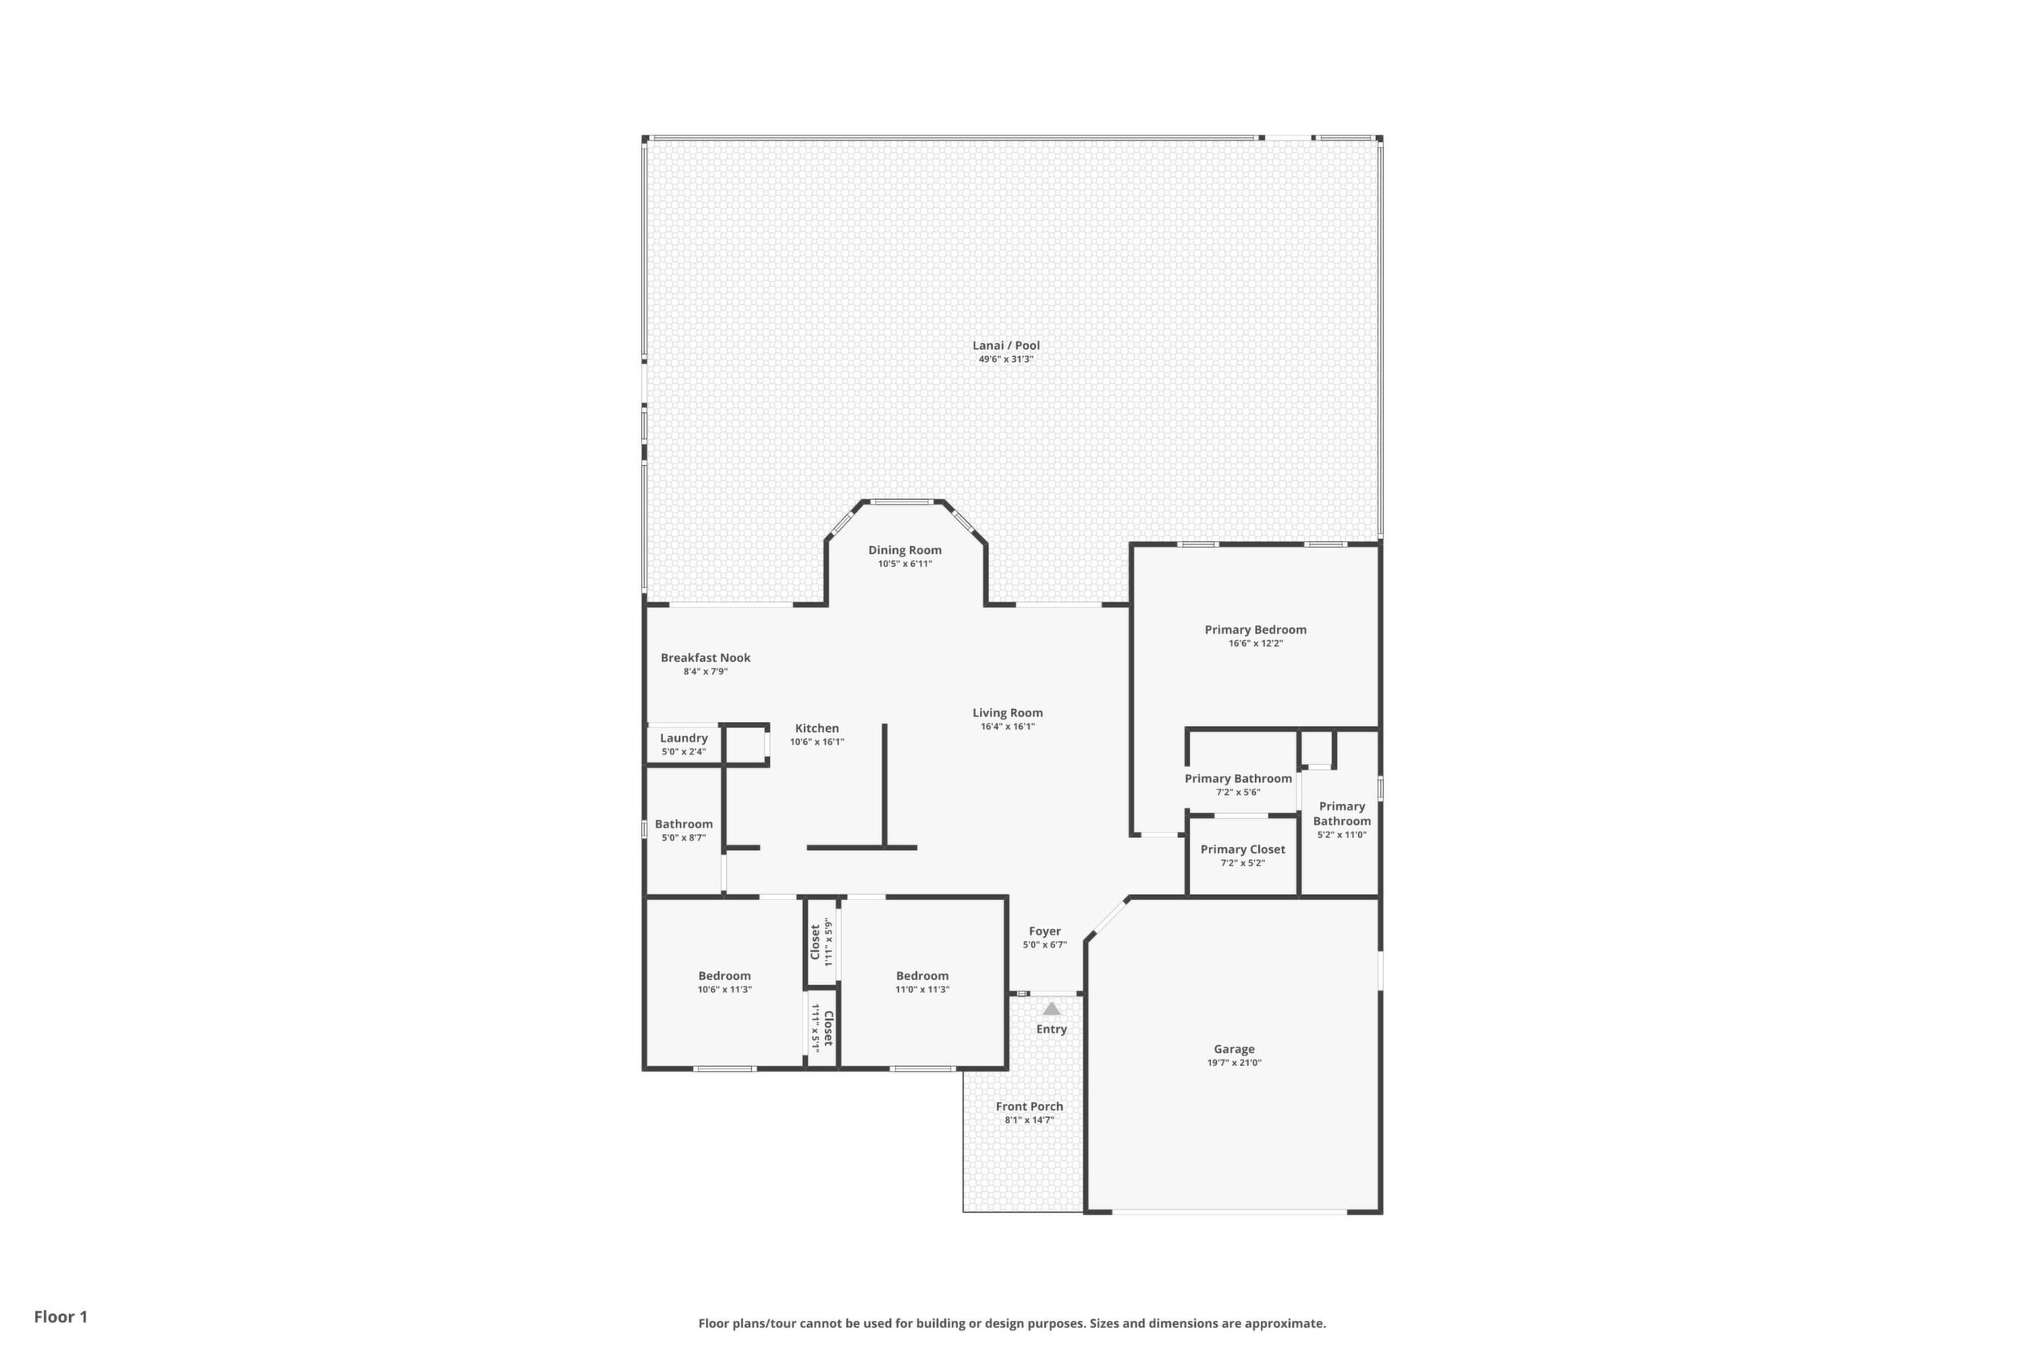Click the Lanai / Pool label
tap(1006, 346)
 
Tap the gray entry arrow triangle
tap(1051, 1008)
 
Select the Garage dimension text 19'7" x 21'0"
tap(1234, 1063)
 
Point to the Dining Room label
tap(905, 550)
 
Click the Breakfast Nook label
tap(705, 658)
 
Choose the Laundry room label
tap(684, 737)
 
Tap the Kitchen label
tap(816, 729)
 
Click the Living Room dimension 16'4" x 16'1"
tap(1008, 727)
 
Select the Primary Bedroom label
tap(1255, 630)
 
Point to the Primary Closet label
tap(1242, 849)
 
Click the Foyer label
tap(1044, 931)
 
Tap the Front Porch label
tap(1029, 1107)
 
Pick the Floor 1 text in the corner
tap(60, 1317)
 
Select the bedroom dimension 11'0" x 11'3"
tap(922, 989)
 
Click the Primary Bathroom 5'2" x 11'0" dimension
tap(1341, 834)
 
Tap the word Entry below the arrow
tap(1051, 1029)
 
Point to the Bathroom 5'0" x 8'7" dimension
tap(684, 838)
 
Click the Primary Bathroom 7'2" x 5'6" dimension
tap(1238, 792)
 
